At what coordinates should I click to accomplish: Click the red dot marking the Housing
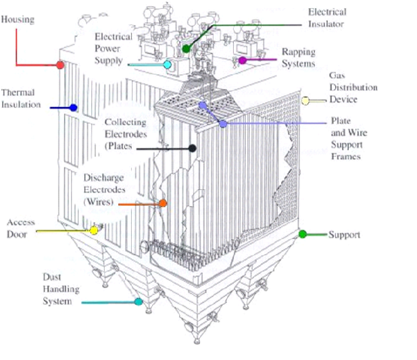[x=60, y=65]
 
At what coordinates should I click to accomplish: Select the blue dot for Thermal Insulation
[x=73, y=107]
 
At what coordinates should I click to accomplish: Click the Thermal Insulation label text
[x=21, y=98]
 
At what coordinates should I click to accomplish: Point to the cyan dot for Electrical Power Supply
[x=168, y=65]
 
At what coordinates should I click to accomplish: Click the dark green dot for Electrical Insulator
[x=187, y=49]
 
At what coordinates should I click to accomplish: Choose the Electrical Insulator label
[x=327, y=18]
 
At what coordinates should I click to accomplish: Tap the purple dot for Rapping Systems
[x=242, y=60]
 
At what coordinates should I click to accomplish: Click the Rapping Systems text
[x=298, y=57]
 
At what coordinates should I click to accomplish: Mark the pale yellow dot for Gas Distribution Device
[x=305, y=101]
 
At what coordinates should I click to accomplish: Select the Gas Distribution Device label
[x=353, y=88]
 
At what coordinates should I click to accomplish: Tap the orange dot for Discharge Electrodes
[x=162, y=203]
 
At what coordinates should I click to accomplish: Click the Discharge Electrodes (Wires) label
[x=104, y=189]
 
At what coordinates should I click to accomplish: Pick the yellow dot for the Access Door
[x=94, y=231]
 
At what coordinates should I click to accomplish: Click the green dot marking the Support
[x=303, y=234]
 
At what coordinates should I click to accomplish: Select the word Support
[x=344, y=235]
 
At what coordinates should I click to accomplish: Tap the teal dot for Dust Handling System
[x=139, y=302]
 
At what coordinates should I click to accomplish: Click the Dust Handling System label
[x=61, y=289]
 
